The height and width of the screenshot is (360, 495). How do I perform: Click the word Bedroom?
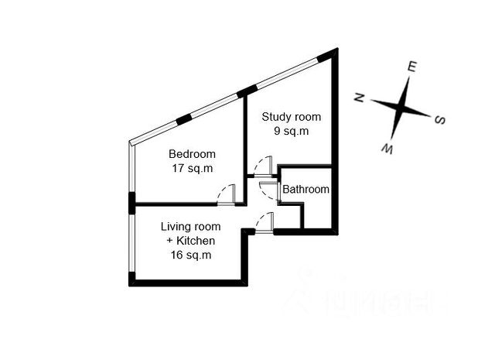point(192,154)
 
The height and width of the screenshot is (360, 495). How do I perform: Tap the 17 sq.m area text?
point(192,167)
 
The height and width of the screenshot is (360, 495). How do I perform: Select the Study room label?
point(291,117)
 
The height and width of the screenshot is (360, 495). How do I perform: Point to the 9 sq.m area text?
point(291,131)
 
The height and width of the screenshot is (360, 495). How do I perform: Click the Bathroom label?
point(306,190)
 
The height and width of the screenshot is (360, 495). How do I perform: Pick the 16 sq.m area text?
point(191,255)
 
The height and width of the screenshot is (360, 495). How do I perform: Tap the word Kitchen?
point(196,241)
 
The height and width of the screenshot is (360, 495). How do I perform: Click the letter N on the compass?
point(359,98)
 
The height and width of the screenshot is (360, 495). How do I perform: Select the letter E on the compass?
point(412,67)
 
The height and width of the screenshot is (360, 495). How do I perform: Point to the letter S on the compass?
point(439,119)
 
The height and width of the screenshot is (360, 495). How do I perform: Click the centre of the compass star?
point(402,107)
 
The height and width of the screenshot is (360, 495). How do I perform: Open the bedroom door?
point(227,195)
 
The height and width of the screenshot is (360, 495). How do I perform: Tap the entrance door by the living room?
point(264,222)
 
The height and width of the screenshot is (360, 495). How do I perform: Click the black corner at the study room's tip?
point(332,55)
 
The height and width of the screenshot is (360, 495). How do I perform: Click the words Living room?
point(191,227)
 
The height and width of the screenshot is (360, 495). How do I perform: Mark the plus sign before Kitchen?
point(169,241)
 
